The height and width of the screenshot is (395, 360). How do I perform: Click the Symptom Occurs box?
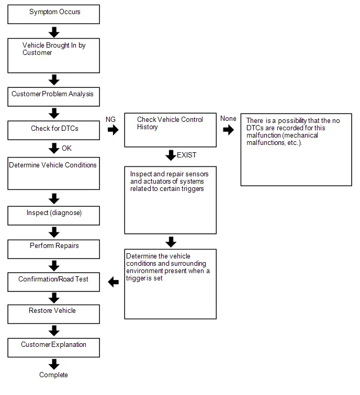(54, 14)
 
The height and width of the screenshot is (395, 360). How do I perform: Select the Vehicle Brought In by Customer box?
(54, 55)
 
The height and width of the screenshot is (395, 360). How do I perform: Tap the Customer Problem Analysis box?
(54, 97)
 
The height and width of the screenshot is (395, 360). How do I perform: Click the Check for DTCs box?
(54, 130)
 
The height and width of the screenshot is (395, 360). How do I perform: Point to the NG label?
(110, 119)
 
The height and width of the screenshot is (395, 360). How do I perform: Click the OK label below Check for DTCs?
(67, 148)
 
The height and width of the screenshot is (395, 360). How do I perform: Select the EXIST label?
(186, 155)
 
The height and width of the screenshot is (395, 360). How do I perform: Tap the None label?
(228, 118)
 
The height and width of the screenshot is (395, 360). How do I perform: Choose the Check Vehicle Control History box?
(170, 130)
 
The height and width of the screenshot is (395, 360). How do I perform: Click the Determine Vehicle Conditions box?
(54, 174)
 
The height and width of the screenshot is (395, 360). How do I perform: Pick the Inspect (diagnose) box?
(54, 216)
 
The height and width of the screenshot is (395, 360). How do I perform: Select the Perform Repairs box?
(54, 249)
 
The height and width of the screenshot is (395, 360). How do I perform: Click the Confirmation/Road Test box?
(54, 282)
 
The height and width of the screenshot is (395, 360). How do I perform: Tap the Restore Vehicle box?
(54, 314)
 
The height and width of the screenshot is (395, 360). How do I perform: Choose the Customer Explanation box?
(54, 347)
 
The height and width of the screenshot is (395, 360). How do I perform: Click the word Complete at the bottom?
(54, 375)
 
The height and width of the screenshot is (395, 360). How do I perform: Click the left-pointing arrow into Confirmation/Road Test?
(114, 282)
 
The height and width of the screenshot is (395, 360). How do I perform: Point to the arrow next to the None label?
(229, 130)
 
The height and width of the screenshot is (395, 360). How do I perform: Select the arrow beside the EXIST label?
(171, 155)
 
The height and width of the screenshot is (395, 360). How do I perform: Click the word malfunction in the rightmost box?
(264, 136)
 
